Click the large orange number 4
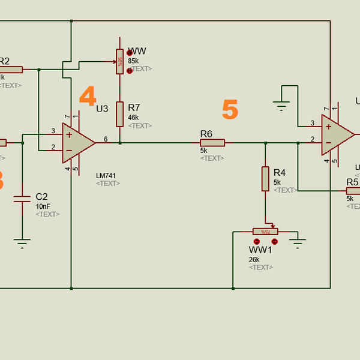click(88, 97)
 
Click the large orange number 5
click(230, 110)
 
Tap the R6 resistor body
click(212, 143)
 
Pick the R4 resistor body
click(265, 179)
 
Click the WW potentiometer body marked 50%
click(120, 62)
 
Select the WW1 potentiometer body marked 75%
click(265, 232)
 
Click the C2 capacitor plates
click(22, 199)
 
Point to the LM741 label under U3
click(106, 176)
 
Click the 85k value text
click(133, 61)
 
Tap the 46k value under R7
click(133, 118)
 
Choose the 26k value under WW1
click(254, 260)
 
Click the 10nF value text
click(43, 206)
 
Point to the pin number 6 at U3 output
click(106, 139)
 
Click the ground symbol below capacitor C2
click(22, 243)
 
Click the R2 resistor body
click(11, 70)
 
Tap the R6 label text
click(206, 133)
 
